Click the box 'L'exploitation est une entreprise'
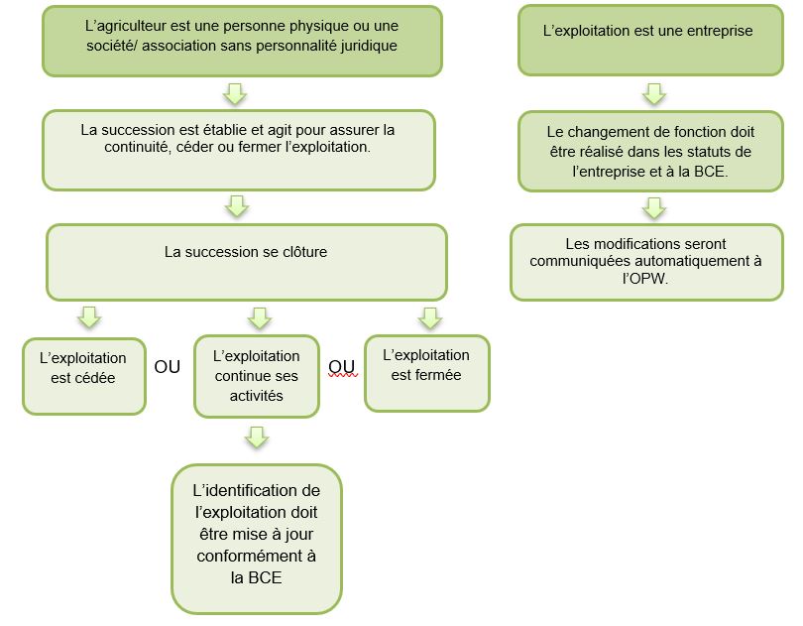click(648, 40)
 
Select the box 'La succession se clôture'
click(246, 261)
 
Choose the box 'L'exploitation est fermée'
click(426, 373)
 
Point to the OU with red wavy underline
click(342, 366)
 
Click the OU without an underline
click(168, 366)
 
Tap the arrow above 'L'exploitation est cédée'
click(88, 317)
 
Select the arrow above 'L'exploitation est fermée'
click(428, 317)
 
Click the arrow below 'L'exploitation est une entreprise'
click(653, 93)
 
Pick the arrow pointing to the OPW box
click(653, 207)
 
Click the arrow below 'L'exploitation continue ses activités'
click(257, 437)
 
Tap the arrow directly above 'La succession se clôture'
click(236, 205)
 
